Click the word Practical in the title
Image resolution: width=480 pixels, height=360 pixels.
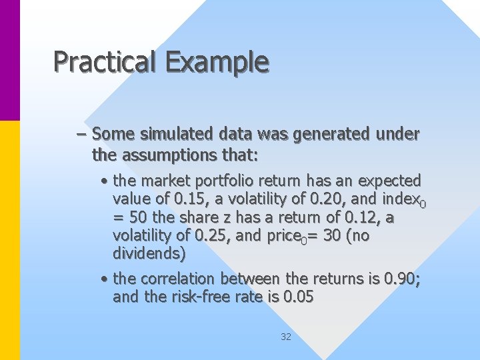click(x=103, y=62)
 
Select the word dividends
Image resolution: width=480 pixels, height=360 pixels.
click(x=149, y=253)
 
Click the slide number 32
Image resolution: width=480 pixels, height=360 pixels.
click(x=286, y=337)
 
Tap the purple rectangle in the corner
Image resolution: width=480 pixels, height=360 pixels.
click(x=10, y=60)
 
